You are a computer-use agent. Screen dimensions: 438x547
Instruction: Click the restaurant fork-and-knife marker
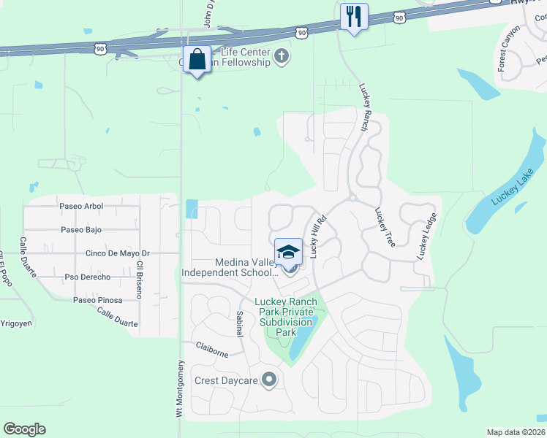coord(354,17)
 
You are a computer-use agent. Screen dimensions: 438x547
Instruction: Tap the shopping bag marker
coord(197,59)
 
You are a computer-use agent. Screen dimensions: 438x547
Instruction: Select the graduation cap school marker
coord(288,252)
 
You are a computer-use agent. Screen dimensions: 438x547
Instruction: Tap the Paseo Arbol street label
coord(82,207)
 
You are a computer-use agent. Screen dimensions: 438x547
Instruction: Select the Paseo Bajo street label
coord(81,230)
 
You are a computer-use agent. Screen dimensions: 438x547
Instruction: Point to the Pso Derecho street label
coord(87,277)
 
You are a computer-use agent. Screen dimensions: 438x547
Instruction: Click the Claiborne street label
coord(211,349)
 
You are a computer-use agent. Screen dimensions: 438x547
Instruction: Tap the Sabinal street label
coord(239,322)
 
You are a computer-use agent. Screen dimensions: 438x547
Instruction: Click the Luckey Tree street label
coord(385,227)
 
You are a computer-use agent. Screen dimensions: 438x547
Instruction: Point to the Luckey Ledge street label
coord(427,236)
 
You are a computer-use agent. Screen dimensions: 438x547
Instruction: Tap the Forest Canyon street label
coord(509,48)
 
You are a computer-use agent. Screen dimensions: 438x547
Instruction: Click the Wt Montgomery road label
coord(178,388)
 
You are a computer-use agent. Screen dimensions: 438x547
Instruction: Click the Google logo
coord(24,429)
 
